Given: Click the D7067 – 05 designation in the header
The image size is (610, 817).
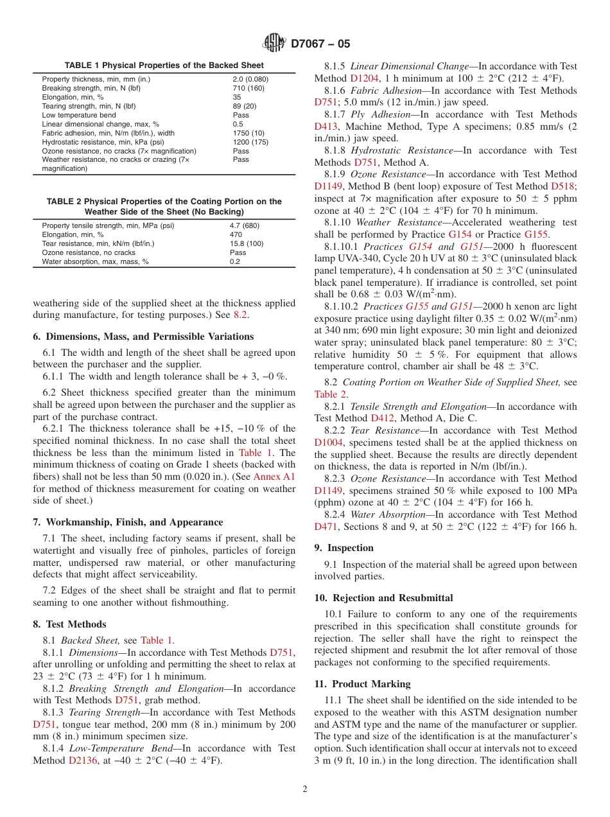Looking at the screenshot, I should click(x=320, y=44).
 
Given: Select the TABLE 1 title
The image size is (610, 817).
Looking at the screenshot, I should click(x=164, y=66).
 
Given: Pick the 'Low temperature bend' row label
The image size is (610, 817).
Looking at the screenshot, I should click(x=79, y=115).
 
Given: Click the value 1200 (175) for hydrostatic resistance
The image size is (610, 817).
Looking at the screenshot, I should click(x=250, y=142).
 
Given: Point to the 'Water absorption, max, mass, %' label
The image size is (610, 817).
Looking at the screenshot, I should click(x=95, y=261).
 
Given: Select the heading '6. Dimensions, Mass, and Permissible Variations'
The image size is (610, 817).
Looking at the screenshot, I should click(x=143, y=337).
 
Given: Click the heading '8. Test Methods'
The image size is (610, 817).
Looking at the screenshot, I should click(x=70, y=624).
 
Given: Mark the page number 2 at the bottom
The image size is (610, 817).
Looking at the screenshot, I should click(x=305, y=789).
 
